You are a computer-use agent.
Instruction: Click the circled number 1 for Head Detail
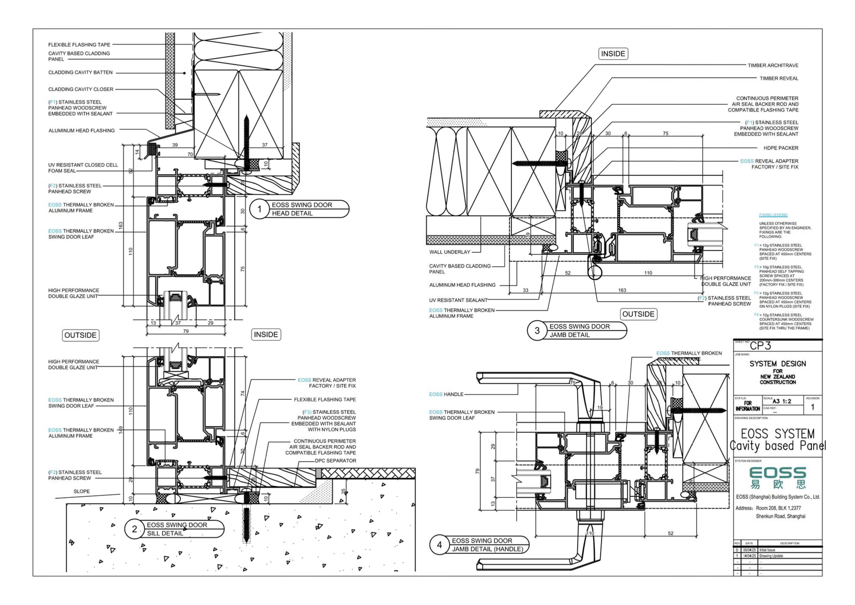(259, 209)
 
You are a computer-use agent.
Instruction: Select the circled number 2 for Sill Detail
(134, 529)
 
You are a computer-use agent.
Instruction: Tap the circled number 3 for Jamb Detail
(537, 330)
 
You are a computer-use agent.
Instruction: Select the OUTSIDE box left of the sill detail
(80, 335)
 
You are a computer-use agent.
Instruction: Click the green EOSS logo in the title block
(778, 477)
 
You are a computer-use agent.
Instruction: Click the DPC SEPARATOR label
(336, 460)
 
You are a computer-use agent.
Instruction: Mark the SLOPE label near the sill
(82, 491)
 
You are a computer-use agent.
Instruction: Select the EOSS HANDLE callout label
(446, 394)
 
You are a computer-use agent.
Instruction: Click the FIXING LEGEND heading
(773, 215)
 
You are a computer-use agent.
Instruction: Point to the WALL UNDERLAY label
(450, 252)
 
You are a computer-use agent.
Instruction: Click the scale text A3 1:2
(782, 401)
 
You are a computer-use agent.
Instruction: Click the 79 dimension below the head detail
(186, 331)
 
